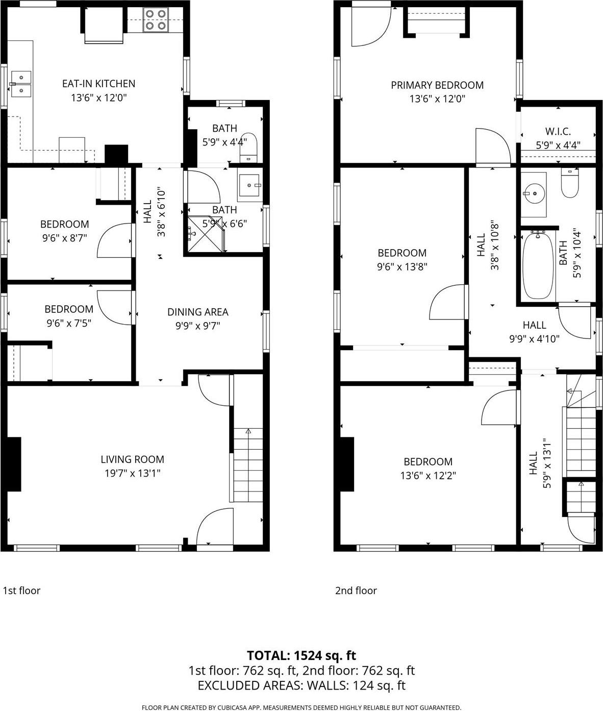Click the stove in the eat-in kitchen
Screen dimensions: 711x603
tap(156, 20)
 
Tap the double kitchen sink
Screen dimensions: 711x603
tap(21, 84)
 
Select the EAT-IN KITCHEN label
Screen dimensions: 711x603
tap(98, 84)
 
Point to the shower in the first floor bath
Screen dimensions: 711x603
tap(206, 234)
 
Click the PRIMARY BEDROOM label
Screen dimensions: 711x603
tap(437, 85)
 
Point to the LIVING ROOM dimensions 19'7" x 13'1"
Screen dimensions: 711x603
tap(132, 473)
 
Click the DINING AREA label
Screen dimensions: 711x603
tap(197, 312)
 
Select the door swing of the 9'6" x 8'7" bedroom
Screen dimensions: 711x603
tap(115, 240)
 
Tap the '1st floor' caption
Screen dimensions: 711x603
tap(21, 591)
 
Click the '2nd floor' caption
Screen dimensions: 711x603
tap(356, 591)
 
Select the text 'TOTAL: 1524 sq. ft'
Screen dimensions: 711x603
tap(301, 655)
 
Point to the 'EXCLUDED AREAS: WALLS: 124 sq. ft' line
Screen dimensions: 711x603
tap(301, 685)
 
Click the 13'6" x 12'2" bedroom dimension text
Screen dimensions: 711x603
tap(428, 476)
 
